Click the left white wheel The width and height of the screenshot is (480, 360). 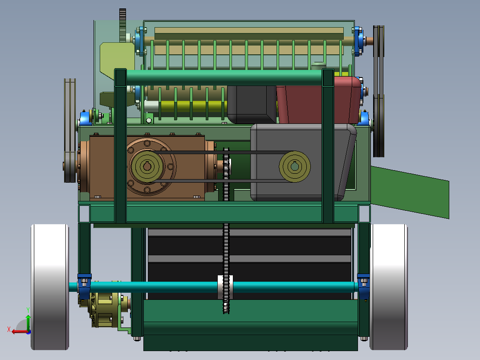(x=50, y=287)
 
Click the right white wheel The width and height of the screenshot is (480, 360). (x=389, y=287)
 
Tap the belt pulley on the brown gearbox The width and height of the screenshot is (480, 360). (x=147, y=166)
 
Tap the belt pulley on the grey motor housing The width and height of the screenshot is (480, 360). (x=295, y=166)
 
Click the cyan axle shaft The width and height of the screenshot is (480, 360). (x=214, y=287)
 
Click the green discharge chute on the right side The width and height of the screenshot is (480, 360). (x=410, y=192)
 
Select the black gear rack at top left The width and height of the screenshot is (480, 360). (x=122, y=25)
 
